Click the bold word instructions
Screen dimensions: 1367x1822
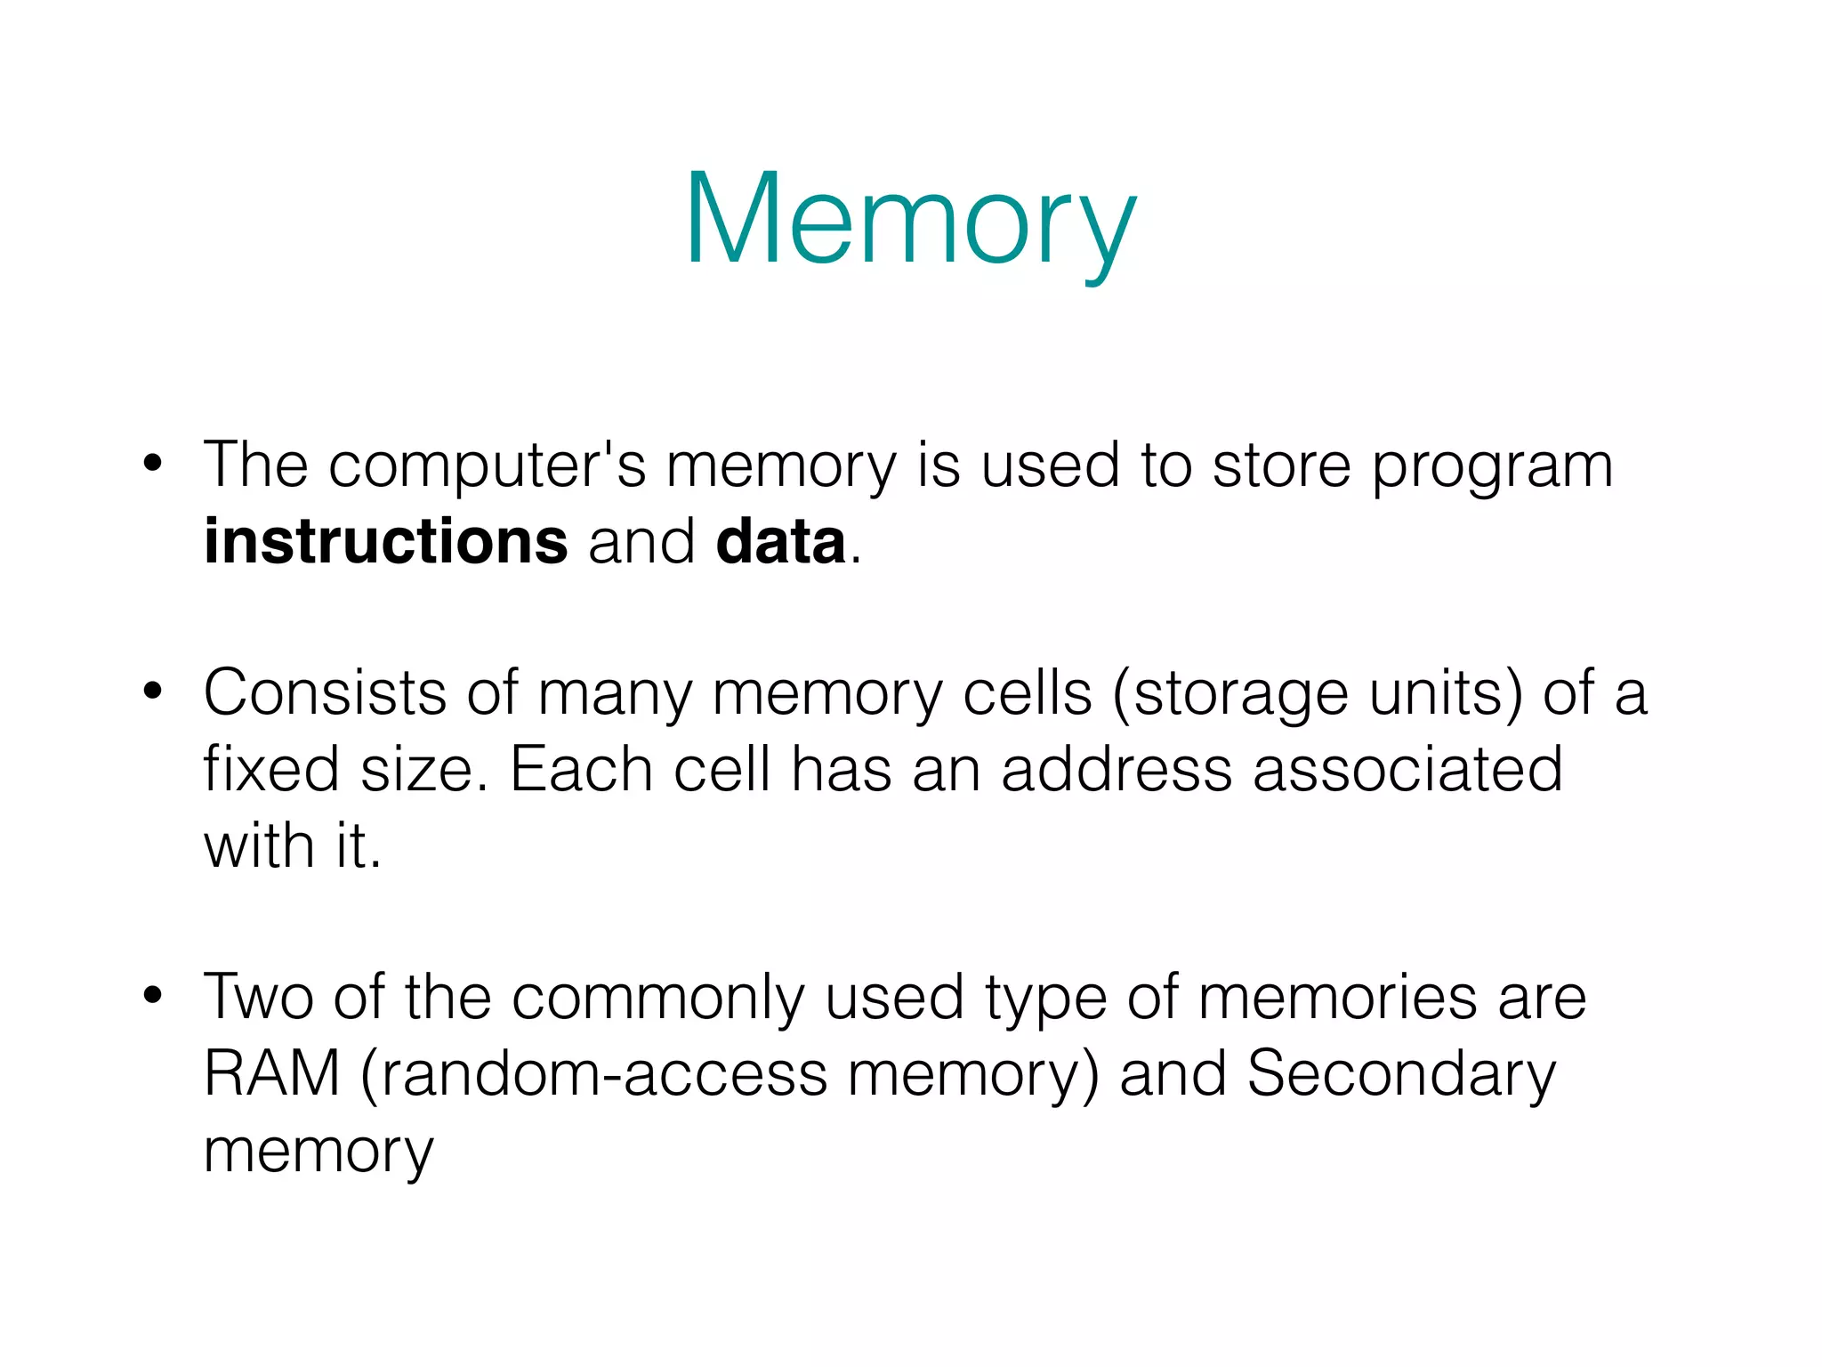coord(385,542)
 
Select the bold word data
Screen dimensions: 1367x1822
coord(780,542)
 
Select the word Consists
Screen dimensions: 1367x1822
coord(325,692)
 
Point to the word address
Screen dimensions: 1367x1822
coord(1117,768)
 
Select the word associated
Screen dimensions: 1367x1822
coord(1407,768)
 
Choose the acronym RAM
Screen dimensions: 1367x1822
coord(272,1073)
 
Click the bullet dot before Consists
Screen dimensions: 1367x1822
coord(153,692)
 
